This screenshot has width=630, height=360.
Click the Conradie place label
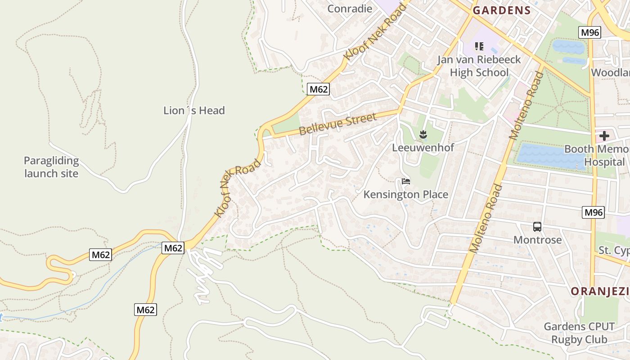point(350,9)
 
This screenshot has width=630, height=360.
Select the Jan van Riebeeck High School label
point(479,66)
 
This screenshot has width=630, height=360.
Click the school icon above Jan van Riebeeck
point(479,46)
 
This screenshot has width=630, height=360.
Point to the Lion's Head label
point(194,111)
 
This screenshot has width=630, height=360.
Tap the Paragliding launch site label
point(51,167)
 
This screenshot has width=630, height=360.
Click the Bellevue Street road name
point(337,124)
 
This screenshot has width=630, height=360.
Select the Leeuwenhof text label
point(423,148)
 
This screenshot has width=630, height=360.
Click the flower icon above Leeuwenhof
point(423,134)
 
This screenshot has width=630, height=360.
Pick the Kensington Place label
point(406,194)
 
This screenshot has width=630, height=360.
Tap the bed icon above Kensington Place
point(406,181)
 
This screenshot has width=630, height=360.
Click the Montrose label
point(537,240)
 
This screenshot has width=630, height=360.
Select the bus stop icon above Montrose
point(537,227)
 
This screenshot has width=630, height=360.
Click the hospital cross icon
point(604,135)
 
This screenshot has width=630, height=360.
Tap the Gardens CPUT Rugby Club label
point(579,333)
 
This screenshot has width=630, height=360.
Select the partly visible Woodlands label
point(610,73)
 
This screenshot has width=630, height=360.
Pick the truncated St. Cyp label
point(614,251)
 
